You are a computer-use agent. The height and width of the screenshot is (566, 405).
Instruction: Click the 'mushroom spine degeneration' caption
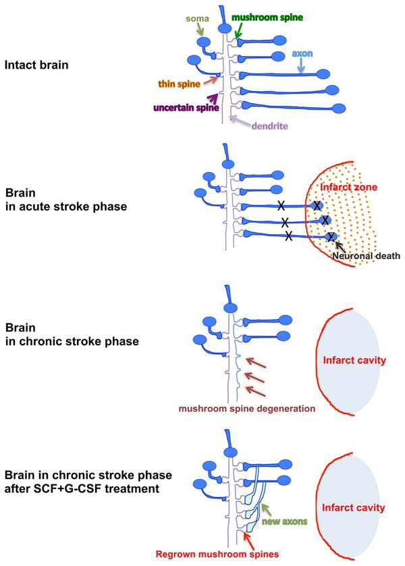point(246,408)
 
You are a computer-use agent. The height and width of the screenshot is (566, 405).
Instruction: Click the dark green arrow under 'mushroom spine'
point(240,28)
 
